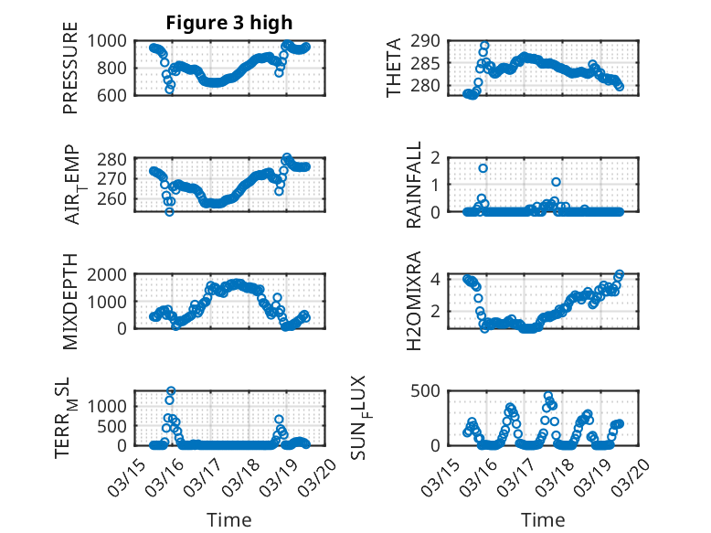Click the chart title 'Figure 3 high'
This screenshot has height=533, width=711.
click(229, 22)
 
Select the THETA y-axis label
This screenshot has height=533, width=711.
click(394, 67)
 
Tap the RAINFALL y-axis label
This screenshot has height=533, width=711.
click(413, 184)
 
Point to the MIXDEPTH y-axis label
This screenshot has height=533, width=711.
click(70, 301)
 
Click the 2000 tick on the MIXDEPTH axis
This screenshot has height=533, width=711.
click(111, 274)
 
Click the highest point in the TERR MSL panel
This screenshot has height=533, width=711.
click(171, 391)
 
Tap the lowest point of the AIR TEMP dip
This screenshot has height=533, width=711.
click(169, 212)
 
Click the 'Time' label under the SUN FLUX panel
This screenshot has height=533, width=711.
click(543, 519)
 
